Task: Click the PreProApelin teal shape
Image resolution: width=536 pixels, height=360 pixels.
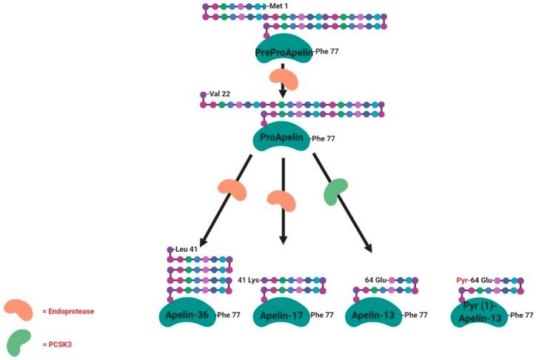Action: [x=284, y=50]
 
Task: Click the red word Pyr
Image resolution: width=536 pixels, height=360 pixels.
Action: [x=462, y=280]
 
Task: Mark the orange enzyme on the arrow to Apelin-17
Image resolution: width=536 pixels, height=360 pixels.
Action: [x=282, y=199]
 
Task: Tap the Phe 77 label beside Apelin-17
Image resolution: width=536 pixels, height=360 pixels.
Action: [x=325, y=316]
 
